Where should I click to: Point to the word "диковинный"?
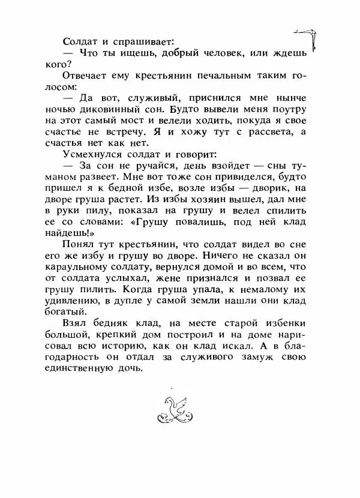pos(136,110)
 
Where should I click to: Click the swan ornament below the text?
pos(177,410)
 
